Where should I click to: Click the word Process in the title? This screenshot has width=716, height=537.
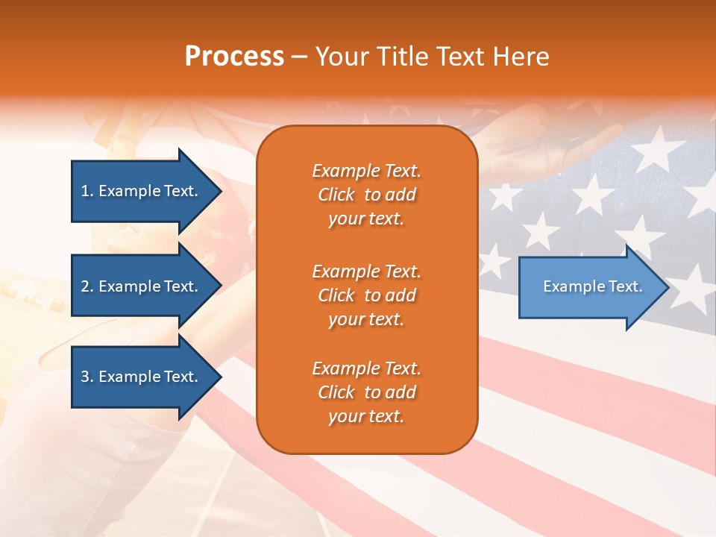(x=234, y=57)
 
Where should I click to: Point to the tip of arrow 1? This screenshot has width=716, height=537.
(x=220, y=191)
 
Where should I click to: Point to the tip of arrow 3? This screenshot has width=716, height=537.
(x=220, y=377)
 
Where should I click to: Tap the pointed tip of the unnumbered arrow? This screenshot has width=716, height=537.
(x=668, y=287)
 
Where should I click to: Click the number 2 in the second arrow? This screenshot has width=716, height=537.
(x=84, y=286)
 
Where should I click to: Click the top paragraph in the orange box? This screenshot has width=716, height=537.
(x=366, y=195)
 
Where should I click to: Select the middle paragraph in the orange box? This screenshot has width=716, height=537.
(x=366, y=295)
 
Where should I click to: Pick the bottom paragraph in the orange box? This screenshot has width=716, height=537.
(x=366, y=392)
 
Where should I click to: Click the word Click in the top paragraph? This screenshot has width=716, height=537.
(x=336, y=195)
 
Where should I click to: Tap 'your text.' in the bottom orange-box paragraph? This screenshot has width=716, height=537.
(x=366, y=416)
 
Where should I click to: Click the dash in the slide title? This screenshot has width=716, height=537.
(x=300, y=57)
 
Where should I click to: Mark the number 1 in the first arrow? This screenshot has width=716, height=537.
(x=84, y=191)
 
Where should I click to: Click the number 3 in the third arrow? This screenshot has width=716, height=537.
(x=84, y=377)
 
